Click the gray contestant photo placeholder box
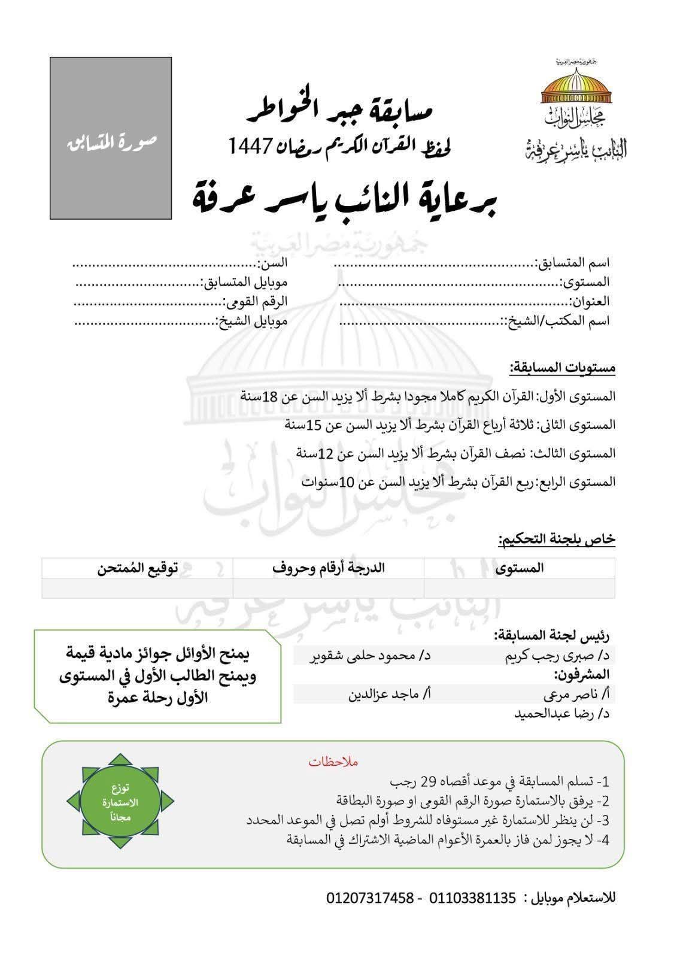[x=111, y=138]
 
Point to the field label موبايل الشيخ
[x=252, y=321]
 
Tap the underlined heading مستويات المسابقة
[x=563, y=368]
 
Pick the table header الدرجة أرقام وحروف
[x=329, y=568]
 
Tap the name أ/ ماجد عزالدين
[x=390, y=695]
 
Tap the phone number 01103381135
[x=472, y=898]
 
